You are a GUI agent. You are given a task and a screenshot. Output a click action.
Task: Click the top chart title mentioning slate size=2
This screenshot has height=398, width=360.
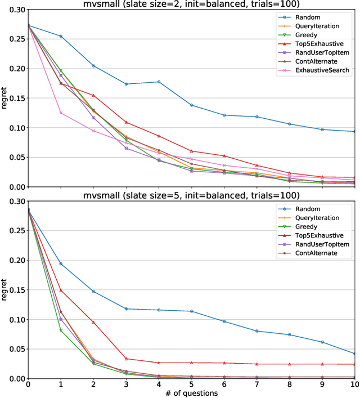point(191,5)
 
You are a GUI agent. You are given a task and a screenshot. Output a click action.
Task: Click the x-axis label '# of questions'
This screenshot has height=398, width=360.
point(191,393)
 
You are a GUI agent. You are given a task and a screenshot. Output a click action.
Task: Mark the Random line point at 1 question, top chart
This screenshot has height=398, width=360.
point(61,36)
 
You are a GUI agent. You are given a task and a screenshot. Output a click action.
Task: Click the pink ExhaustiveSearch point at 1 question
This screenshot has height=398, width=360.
point(61,113)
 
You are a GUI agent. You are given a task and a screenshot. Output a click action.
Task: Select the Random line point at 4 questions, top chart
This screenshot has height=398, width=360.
point(159,82)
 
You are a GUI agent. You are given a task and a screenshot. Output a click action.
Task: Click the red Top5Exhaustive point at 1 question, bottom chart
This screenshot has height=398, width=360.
point(61,290)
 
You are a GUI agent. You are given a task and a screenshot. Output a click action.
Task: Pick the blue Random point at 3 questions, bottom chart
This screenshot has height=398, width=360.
point(126,308)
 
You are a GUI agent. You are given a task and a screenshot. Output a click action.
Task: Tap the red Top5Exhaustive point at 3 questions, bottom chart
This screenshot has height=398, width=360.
point(126,359)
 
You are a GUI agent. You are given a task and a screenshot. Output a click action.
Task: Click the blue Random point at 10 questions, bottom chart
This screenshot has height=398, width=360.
point(354,354)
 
